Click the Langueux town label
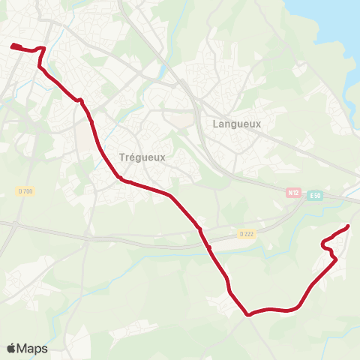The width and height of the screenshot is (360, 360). pyautogui.click(x=236, y=124)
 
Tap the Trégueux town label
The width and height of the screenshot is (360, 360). pyautogui.click(x=142, y=157)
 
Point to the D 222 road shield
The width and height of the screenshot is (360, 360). pyautogui.click(x=247, y=234)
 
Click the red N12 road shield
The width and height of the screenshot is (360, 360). pyautogui.click(x=293, y=193)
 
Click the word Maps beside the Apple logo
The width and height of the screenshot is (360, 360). pyautogui.click(x=33, y=348)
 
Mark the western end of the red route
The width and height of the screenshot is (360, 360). pyautogui.click(x=13, y=46)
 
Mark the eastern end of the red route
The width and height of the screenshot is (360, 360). pyautogui.click(x=349, y=226)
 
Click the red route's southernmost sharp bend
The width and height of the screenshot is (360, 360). pyautogui.click(x=247, y=315)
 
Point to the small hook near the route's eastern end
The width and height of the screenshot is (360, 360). pyautogui.click(x=324, y=244)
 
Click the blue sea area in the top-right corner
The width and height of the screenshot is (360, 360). pyautogui.click(x=330, y=22)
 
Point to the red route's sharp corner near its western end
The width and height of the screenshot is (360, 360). pyautogui.click(x=44, y=49)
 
